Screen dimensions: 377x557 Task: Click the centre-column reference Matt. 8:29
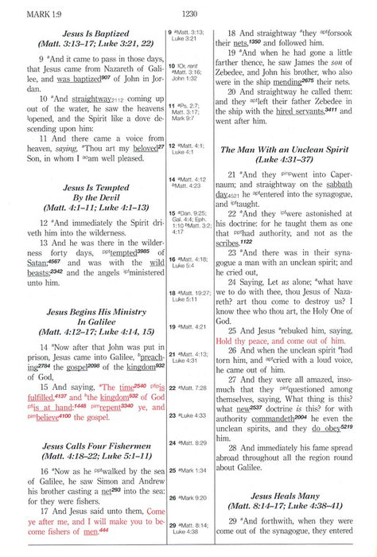(x=195, y=442)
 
